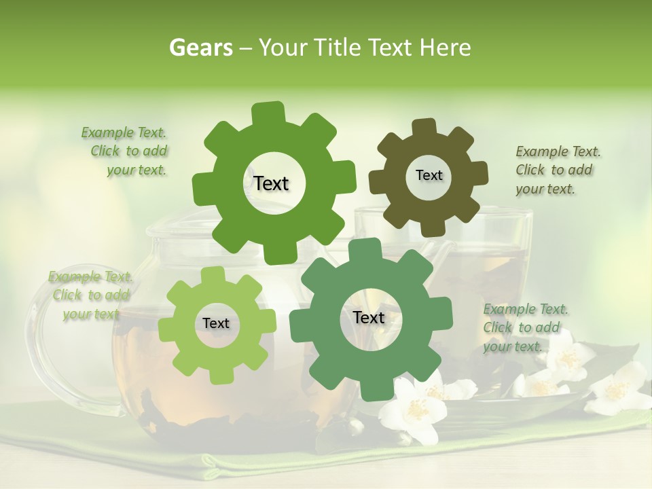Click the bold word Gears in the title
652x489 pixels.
pos(201,48)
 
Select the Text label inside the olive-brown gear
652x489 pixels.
pos(429,175)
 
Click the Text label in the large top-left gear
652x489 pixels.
pos(271,183)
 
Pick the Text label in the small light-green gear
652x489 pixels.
pos(216,323)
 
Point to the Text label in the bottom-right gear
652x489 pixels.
pos(369,317)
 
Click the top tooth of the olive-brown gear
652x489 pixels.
pos(424,127)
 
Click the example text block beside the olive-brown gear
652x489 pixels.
pos(557,170)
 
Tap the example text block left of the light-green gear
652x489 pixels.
pos(90,295)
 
